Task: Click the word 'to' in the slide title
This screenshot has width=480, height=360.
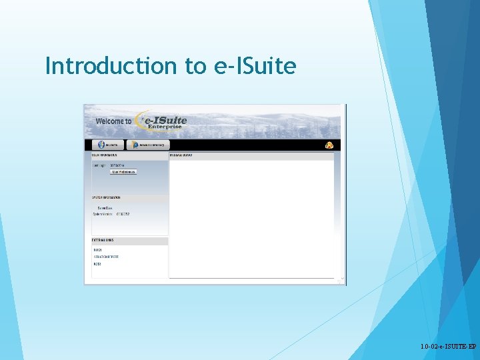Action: point(196,66)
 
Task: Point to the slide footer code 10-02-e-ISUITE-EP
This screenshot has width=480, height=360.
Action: point(449,347)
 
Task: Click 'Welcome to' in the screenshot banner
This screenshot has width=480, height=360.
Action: point(113,121)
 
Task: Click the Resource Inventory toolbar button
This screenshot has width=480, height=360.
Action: point(147,145)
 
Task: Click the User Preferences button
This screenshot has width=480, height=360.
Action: point(123,172)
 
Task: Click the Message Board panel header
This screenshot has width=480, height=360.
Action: point(181,155)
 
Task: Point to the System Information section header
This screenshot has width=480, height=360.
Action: point(107,198)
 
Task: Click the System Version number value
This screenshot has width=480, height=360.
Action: point(123,214)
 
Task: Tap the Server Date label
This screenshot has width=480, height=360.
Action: point(105,208)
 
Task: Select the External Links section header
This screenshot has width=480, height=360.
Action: point(103,240)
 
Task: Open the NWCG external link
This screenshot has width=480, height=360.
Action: point(97,250)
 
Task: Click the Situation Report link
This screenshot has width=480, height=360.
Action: point(106,257)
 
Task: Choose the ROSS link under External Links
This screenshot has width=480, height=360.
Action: point(97,264)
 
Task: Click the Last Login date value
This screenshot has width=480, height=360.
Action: point(117,165)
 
